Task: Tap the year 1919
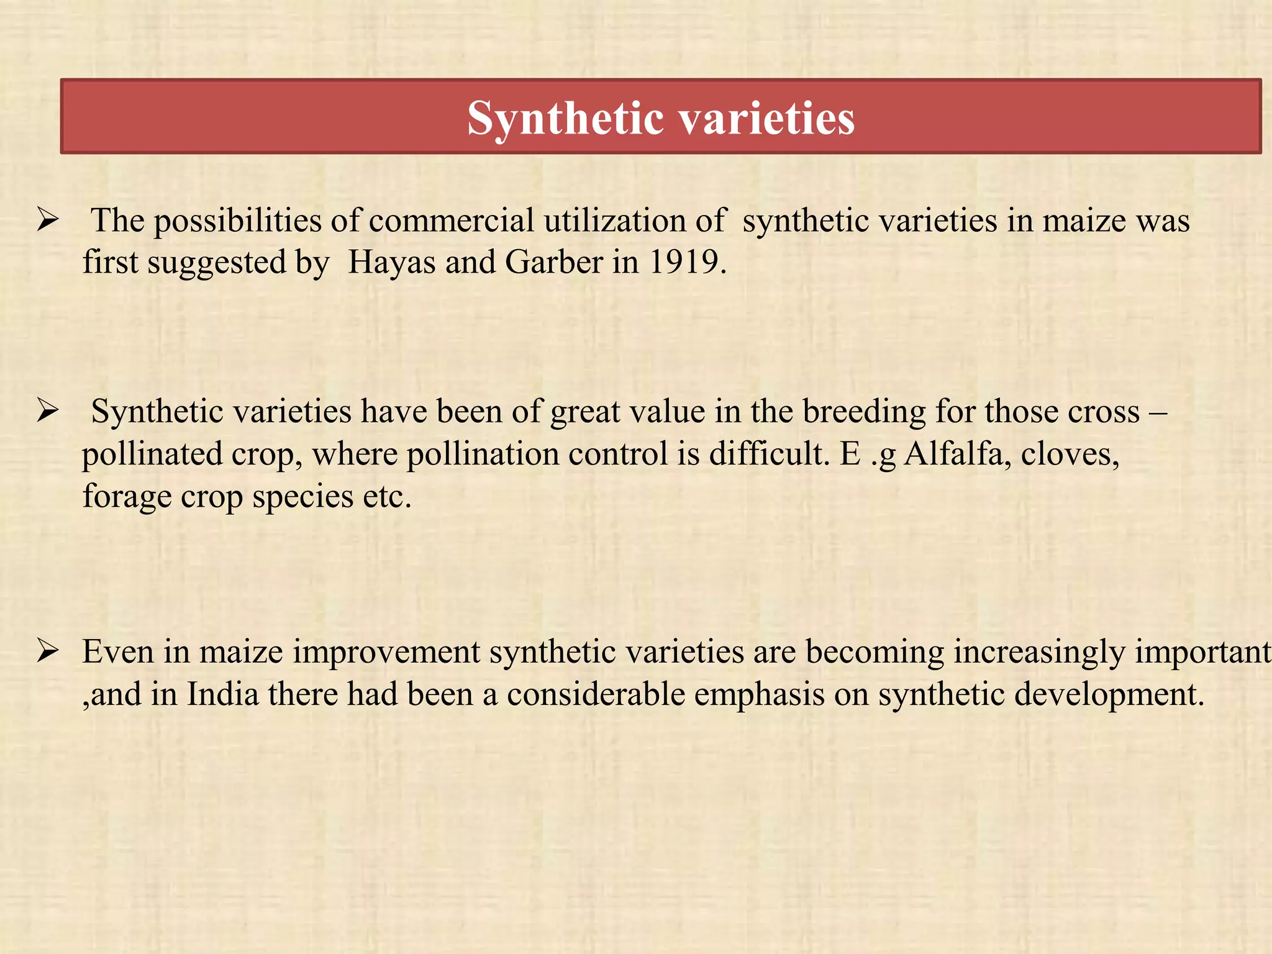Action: click(x=686, y=262)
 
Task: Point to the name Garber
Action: click(x=554, y=262)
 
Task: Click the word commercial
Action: click(x=452, y=220)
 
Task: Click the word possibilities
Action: click(x=237, y=220)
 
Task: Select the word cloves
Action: click(x=1070, y=454)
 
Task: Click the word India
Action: click(x=223, y=694)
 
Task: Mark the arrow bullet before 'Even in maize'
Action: click(x=47, y=652)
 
